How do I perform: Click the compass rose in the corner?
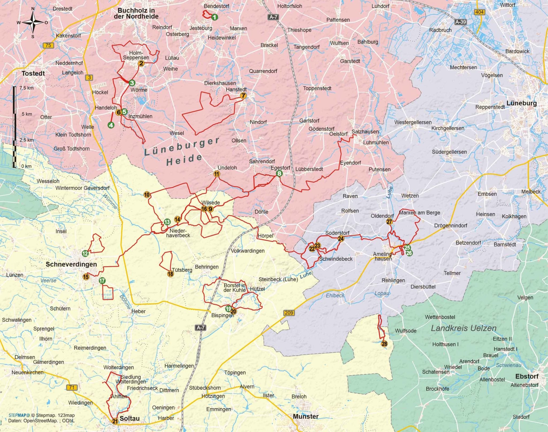point(33,22)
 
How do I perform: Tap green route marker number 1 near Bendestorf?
point(214,17)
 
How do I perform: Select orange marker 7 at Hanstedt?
point(243,96)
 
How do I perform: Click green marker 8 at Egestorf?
point(279,174)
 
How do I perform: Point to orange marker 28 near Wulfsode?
point(384,344)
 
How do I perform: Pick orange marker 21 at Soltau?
point(115,421)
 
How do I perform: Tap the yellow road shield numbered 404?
point(479,12)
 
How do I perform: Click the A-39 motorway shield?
point(461,22)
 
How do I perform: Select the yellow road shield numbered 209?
point(289,313)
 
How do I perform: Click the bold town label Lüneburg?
point(522,103)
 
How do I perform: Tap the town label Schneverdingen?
point(71,264)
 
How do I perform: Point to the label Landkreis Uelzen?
point(463,328)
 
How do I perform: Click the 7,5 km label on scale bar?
point(26,88)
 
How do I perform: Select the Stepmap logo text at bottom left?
point(19,415)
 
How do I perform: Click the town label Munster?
point(306,416)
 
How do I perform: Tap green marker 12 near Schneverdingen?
point(85,253)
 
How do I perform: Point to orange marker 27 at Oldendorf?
point(389,222)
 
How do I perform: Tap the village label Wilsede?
point(211,203)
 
